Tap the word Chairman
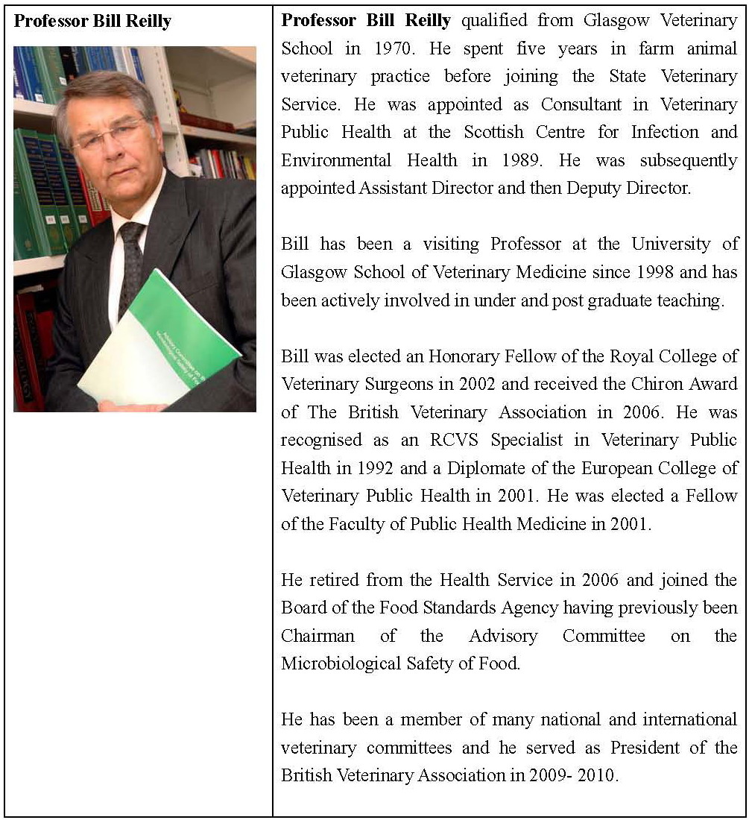point(318,636)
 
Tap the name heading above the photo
point(92,21)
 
